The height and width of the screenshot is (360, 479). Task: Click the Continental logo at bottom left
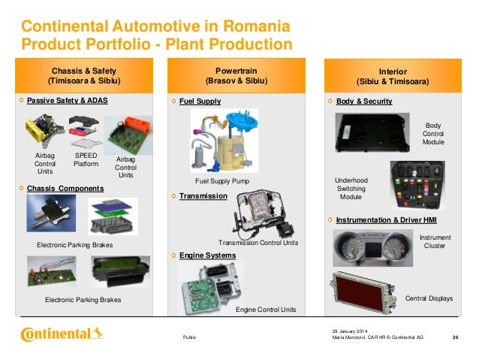click(62, 334)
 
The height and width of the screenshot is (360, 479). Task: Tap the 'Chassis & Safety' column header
click(84, 73)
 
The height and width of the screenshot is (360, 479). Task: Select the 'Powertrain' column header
click(239, 73)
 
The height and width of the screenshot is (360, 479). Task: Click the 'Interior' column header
click(393, 74)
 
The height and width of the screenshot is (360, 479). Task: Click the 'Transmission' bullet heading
click(203, 195)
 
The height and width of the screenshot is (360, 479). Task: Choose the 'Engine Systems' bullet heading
click(207, 256)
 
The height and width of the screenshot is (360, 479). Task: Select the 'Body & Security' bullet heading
click(364, 100)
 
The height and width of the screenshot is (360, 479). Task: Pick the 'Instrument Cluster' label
click(435, 241)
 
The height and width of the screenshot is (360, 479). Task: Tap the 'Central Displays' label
click(429, 298)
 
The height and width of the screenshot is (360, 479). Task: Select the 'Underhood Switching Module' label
click(351, 189)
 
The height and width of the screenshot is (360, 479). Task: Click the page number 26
click(455, 337)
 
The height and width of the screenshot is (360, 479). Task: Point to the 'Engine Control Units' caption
click(266, 310)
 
